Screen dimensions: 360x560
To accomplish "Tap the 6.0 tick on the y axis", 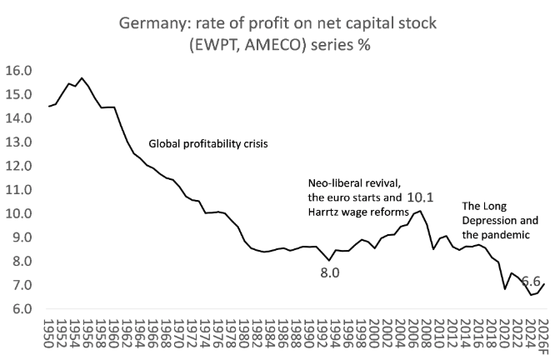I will [x=21, y=309].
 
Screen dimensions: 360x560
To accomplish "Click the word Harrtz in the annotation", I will [x=326, y=212].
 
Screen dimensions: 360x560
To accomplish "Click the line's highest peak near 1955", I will [x=82, y=78].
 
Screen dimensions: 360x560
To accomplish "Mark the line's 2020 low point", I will [x=504, y=289].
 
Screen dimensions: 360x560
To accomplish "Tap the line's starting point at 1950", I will [x=50, y=107].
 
